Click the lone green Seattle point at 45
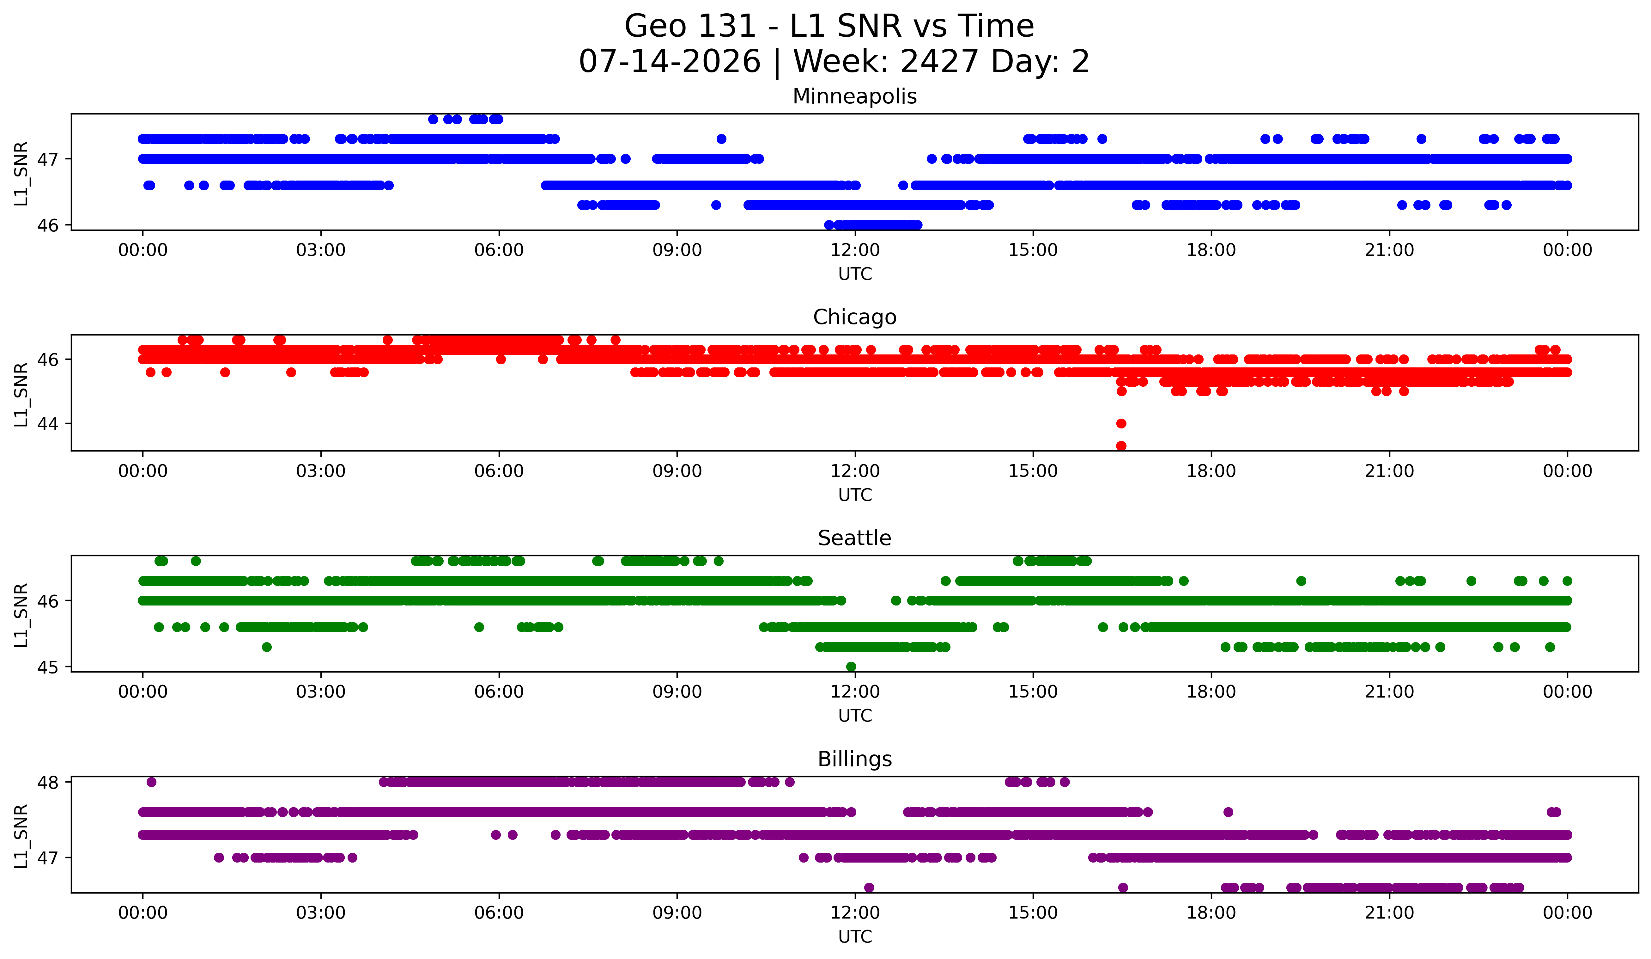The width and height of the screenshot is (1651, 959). point(851,667)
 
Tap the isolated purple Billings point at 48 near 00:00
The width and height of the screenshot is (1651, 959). point(151,782)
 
